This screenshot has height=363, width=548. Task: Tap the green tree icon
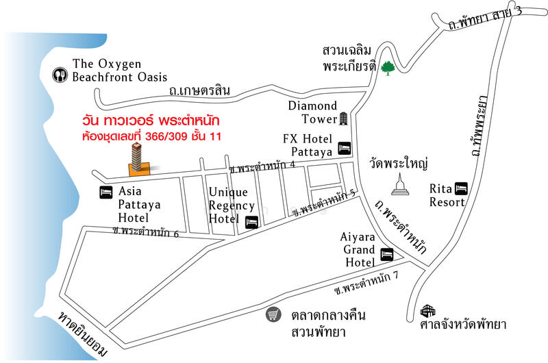click(388, 67)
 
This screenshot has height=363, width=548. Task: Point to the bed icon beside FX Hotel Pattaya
click(344, 147)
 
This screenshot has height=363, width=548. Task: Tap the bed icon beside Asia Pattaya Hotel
click(106, 192)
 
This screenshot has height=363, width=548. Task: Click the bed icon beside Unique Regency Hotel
click(251, 222)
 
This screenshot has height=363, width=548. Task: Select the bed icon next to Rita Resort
click(461, 187)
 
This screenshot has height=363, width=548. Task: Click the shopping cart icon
click(274, 315)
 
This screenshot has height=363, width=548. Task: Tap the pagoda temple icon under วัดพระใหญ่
click(401, 184)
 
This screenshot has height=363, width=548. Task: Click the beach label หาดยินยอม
click(82, 334)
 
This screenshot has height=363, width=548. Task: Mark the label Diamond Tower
click(312, 112)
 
